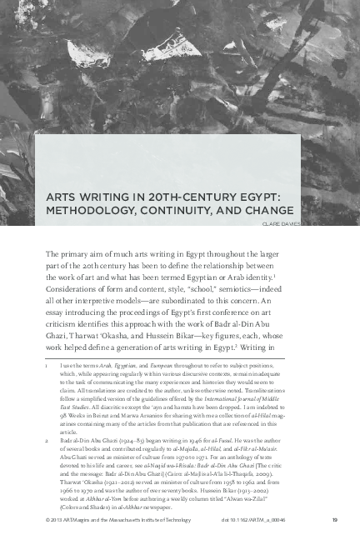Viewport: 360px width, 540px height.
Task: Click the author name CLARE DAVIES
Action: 280,223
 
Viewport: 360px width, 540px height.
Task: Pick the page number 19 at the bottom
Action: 310,521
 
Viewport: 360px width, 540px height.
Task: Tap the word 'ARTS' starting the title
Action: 63,197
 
